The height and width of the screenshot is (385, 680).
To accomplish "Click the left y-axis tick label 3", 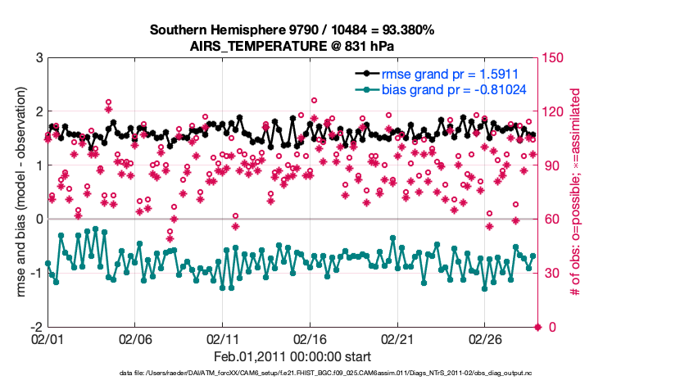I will click(38, 58).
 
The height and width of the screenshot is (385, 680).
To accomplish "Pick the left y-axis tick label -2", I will click(35, 327).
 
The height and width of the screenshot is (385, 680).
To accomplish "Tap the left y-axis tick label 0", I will click(38, 220).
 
